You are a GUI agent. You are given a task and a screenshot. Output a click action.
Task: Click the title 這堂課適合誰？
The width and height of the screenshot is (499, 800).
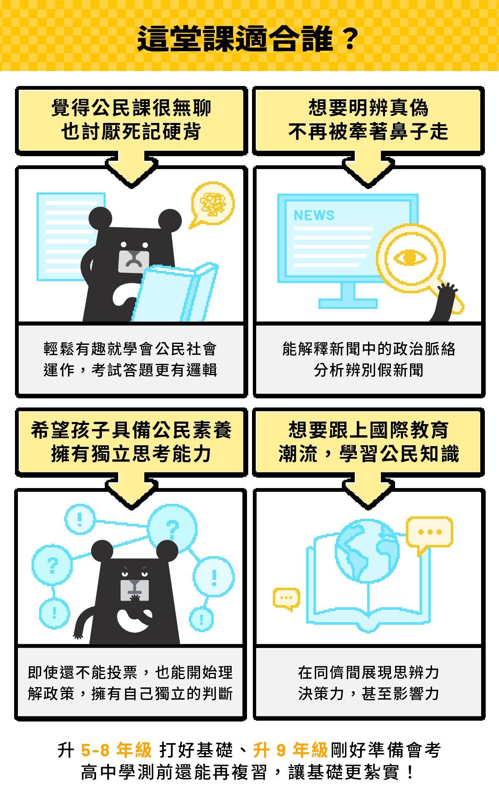coord(248,39)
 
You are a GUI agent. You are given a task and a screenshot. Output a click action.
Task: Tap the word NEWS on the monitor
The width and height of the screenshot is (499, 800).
coord(314,215)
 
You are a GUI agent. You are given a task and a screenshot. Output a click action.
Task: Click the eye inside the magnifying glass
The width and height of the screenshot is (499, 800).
coord(410,258)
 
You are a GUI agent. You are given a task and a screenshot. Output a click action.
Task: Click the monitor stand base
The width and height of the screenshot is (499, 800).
coord(348,303)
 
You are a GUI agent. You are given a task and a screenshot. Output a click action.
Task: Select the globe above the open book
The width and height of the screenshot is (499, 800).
coord(367,551)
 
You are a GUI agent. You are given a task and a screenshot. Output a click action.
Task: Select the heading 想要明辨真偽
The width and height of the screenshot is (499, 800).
coord(368,108)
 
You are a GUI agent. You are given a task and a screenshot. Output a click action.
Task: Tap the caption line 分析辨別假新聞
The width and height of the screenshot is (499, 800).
coord(368,370)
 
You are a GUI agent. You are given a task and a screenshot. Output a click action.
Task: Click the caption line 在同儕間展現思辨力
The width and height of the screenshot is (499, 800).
coord(368,672)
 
